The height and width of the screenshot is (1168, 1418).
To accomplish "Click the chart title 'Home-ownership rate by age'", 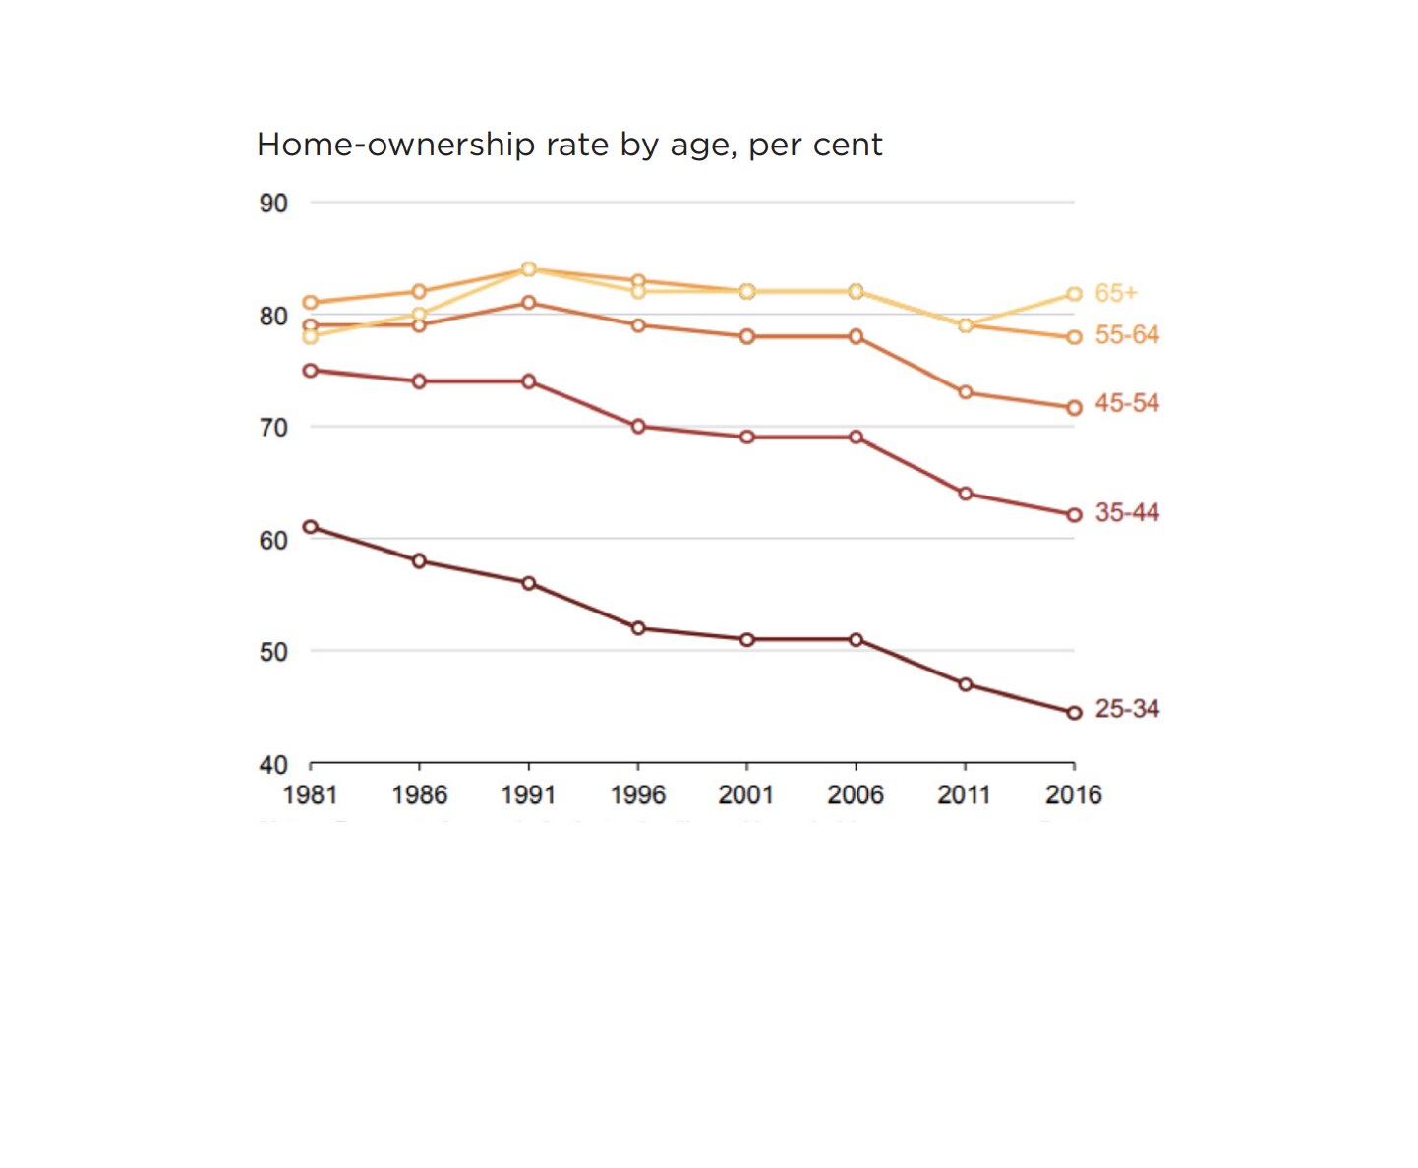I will (568, 145).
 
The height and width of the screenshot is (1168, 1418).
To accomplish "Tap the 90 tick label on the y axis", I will (273, 204).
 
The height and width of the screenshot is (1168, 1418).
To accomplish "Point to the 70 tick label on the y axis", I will (273, 428).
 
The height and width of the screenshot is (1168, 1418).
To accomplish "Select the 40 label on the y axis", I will (273, 764).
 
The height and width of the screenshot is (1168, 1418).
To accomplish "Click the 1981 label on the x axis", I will (310, 794).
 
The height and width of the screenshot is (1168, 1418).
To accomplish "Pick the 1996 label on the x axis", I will (637, 794).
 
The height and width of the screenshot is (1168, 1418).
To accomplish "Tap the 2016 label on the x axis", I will (1073, 794).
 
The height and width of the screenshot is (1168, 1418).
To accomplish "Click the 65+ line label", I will (1115, 293).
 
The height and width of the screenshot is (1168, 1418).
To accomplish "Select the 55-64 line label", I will (1127, 335).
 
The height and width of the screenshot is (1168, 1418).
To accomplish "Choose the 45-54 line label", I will (1127, 403).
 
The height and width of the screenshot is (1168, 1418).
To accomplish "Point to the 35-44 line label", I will (1127, 512).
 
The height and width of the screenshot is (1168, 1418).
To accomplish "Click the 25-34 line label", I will (1127, 709).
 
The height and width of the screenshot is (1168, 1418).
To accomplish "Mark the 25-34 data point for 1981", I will (311, 527).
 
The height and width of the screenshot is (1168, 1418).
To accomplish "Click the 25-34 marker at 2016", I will (1074, 713).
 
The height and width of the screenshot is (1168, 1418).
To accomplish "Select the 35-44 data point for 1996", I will (638, 426).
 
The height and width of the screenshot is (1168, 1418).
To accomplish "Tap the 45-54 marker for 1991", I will (529, 303).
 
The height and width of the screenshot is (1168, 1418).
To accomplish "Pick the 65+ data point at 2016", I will (1074, 294).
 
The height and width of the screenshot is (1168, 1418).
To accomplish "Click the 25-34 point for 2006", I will (856, 640).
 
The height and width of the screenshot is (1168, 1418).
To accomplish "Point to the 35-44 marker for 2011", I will (966, 494).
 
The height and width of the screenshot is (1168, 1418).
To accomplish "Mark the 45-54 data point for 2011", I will (966, 392).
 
